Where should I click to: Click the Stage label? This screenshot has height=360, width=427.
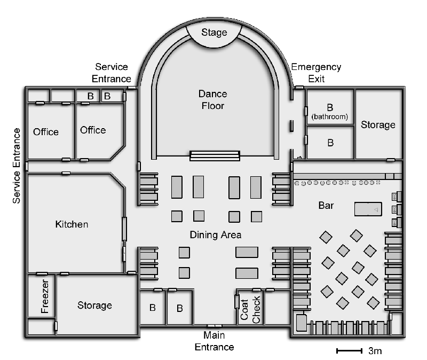click(214, 33)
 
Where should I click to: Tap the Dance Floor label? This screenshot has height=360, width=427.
click(212, 100)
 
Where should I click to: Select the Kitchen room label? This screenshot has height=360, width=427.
click(72, 224)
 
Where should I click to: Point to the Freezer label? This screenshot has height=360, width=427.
click(45, 296)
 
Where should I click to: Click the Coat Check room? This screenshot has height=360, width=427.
click(250, 308)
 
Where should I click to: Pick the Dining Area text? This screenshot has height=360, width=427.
click(216, 235)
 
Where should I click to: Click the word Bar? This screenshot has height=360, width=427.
click(326, 206)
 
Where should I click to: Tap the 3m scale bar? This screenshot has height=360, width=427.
click(349, 351)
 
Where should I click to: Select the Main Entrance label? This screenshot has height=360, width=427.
click(215, 341)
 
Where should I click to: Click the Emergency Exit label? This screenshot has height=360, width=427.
click(316, 73)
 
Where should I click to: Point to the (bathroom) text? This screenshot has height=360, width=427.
click(330, 117)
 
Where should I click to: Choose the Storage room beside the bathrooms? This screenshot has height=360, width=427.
click(379, 124)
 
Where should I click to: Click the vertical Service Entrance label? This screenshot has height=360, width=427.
click(17, 166)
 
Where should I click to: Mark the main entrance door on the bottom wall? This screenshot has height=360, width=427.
click(215, 326)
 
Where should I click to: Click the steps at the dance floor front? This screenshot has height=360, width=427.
click(215, 156)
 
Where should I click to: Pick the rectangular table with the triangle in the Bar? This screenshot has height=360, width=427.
click(368, 209)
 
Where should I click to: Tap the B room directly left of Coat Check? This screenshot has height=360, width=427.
click(180, 308)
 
